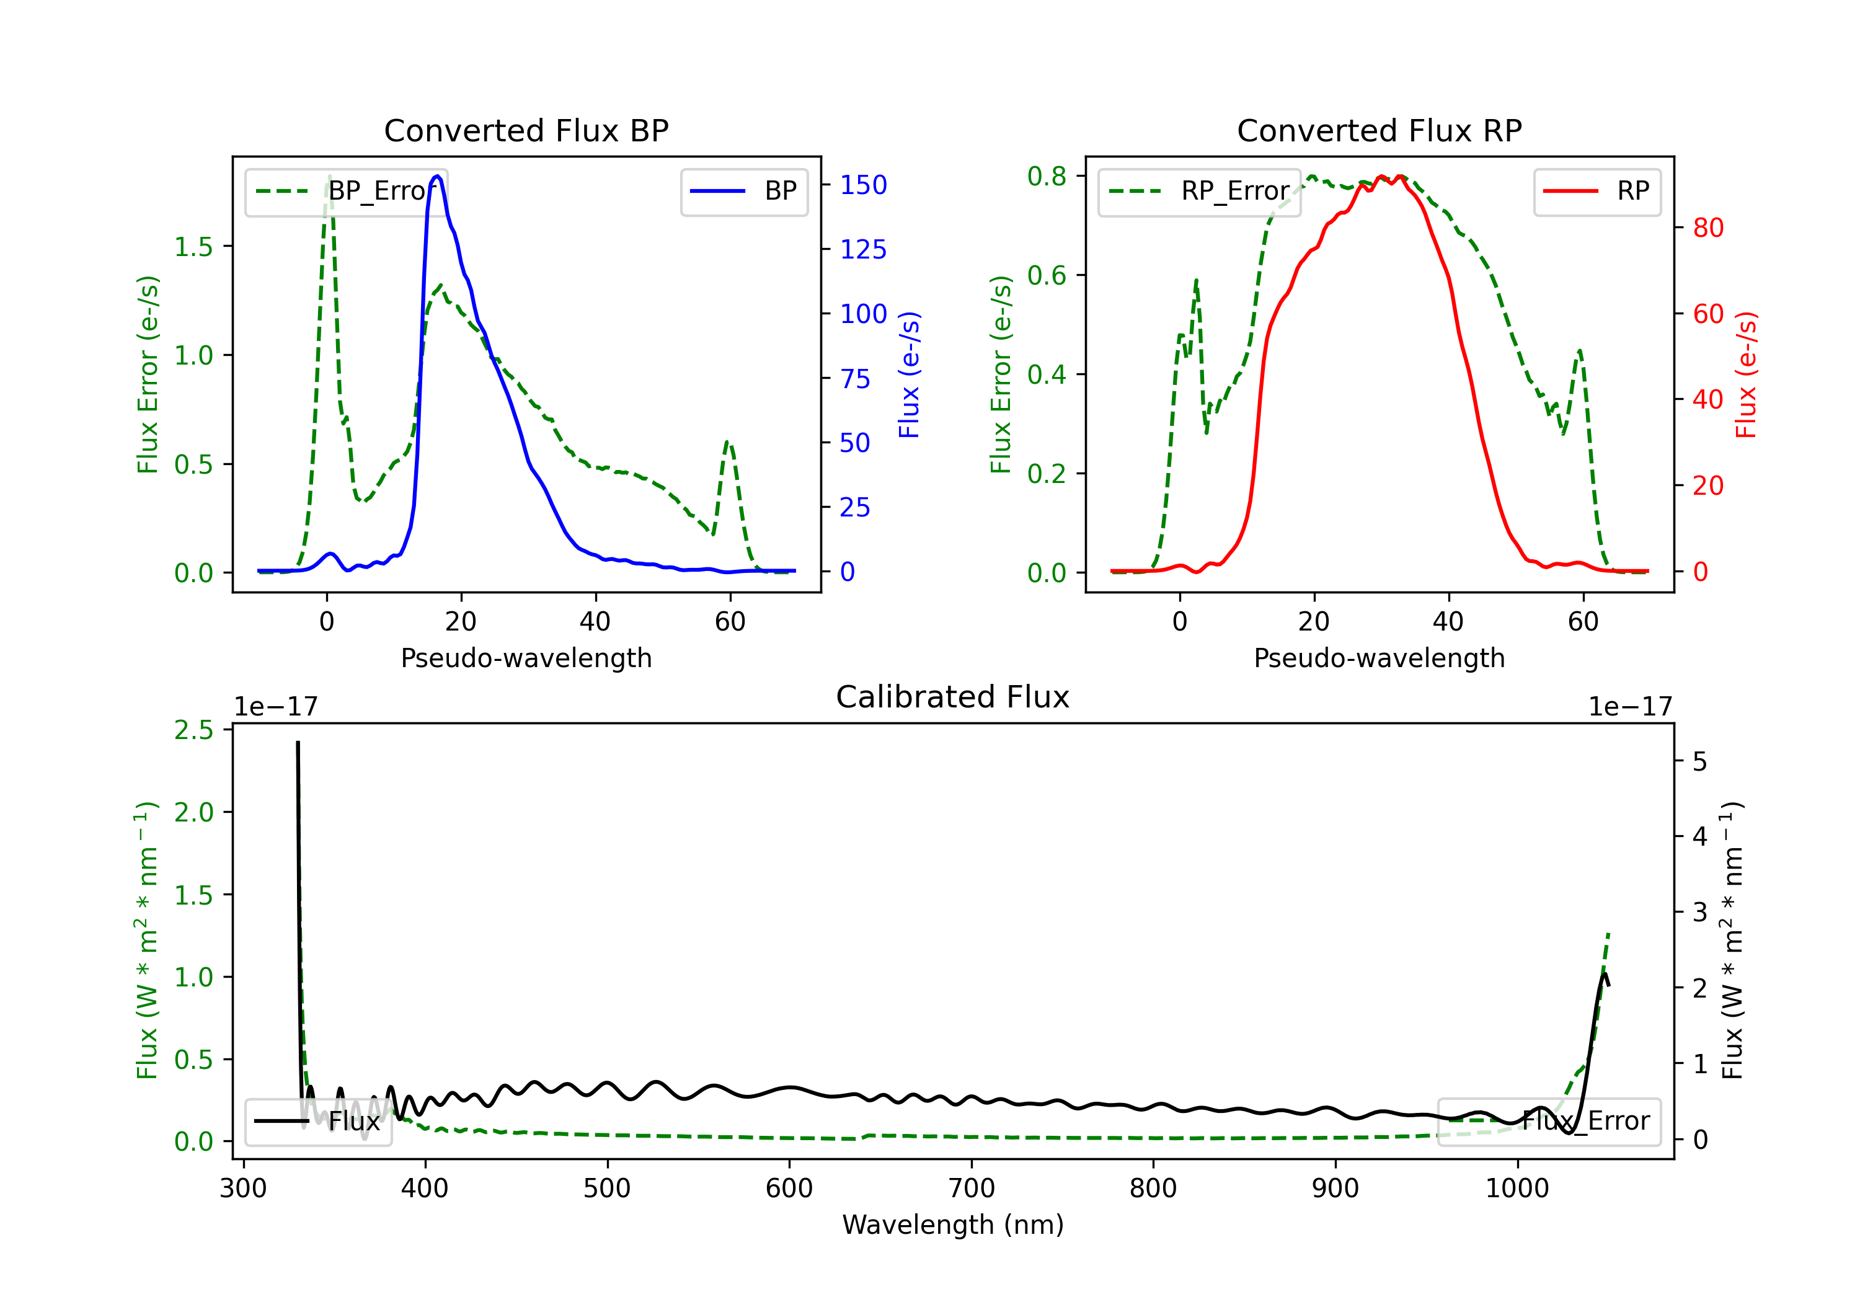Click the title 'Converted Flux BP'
(526, 130)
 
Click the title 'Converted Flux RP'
(1379, 130)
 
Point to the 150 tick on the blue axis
(863, 185)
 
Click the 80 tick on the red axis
(1707, 228)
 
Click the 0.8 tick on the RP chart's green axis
(1047, 176)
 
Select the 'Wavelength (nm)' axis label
(953, 1224)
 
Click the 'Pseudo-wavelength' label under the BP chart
(526, 658)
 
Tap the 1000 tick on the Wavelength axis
(1517, 1189)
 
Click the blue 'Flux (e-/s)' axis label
(909, 374)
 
